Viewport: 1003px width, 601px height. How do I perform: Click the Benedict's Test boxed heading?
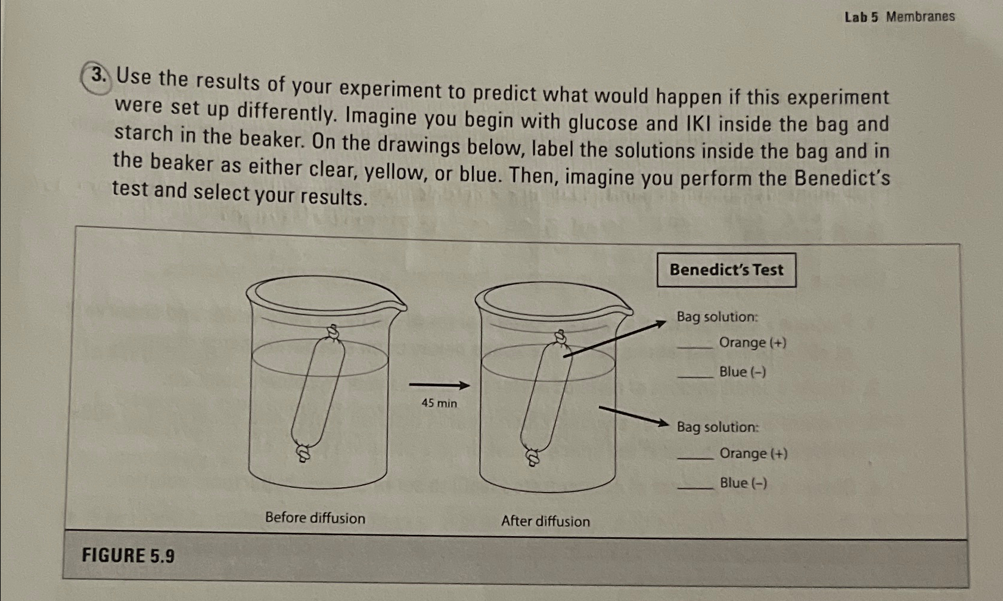(x=726, y=270)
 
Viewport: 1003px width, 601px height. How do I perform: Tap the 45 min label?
(x=439, y=403)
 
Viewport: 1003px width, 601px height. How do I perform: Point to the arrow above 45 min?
(x=439, y=385)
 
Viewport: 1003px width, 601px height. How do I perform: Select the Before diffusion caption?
(x=315, y=518)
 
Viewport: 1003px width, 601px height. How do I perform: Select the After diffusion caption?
(x=545, y=521)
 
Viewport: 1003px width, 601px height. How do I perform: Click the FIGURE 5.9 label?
(x=128, y=556)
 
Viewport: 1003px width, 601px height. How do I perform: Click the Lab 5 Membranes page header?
(x=899, y=17)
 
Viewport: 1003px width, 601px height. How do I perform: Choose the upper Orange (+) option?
(x=752, y=342)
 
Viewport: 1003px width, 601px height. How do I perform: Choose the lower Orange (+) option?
(x=753, y=453)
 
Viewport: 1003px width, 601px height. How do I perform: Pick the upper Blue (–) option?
(x=742, y=372)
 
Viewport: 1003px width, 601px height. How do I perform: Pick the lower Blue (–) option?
(x=743, y=482)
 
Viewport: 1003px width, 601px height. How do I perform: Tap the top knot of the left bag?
(x=334, y=332)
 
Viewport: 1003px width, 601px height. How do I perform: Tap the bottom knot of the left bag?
(x=303, y=454)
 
